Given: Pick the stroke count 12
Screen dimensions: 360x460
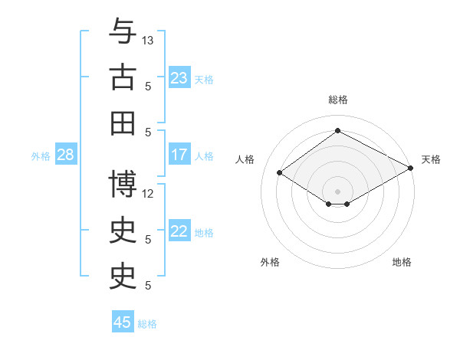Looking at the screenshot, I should coord(148,193).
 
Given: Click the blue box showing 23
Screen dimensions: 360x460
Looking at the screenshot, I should coord(179,78).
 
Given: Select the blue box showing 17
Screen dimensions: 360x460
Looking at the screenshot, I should coord(179,155).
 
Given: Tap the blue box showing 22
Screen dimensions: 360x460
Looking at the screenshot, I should coord(179,231).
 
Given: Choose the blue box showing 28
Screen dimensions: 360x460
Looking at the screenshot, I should coord(65,155).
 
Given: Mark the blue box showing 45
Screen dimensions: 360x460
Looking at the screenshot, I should coord(123,322).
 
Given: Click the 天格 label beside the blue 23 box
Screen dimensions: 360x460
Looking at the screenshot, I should coord(204,79).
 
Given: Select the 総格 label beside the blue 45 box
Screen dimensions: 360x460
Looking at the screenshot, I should coord(147,324).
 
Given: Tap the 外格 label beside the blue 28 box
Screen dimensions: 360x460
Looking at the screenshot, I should coord(41,156).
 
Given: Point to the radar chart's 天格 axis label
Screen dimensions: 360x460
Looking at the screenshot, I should coord(431,159).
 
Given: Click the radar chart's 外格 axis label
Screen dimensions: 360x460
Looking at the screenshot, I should coord(270,262).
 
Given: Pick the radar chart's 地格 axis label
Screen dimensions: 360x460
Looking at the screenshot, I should coord(402,262).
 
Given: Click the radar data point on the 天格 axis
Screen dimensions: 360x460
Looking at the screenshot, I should coord(411,169).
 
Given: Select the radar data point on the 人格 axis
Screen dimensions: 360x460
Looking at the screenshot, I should coord(280,173).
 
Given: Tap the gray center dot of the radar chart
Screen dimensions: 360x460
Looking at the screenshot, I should coord(337,190).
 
